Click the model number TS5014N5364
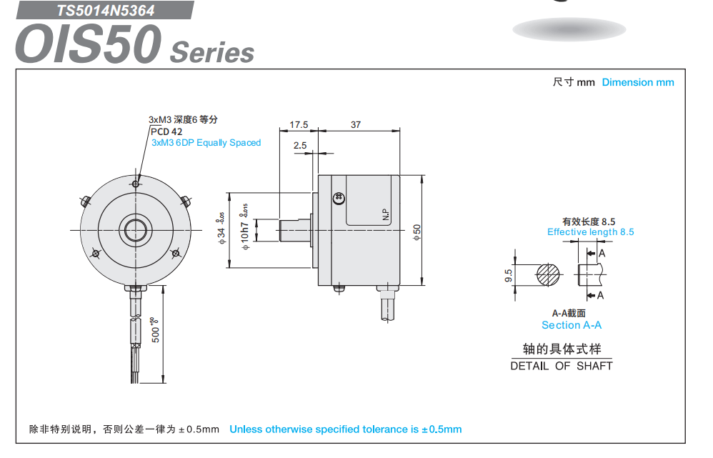click(106, 11)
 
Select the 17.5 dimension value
click(299, 125)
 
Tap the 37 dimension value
click(356, 125)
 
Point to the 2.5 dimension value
click(300, 146)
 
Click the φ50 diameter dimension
click(417, 232)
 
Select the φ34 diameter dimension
click(221, 230)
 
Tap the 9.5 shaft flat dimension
click(509, 275)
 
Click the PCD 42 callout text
click(166, 131)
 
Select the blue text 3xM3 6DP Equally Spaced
click(206, 143)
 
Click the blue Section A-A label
click(571, 325)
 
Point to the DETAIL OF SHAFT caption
click(561, 366)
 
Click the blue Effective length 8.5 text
click(590, 232)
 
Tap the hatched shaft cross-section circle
click(549, 275)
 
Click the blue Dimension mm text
click(637, 82)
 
